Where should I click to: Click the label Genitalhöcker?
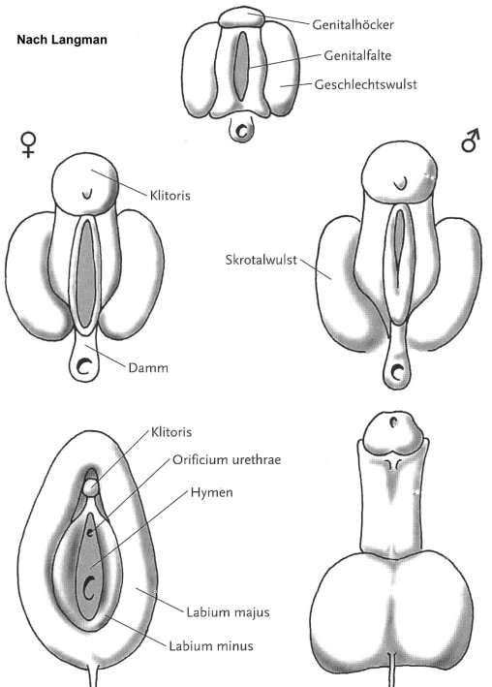[x=353, y=24]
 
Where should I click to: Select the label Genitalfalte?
[x=357, y=55]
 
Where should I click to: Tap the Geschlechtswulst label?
[x=365, y=84]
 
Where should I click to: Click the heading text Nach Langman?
[x=62, y=40]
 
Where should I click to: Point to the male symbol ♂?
[x=471, y=141]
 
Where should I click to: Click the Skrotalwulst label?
[x=261, y=260]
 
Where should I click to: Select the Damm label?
[x=148, y=367]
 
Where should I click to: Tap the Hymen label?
[x=211, y=492]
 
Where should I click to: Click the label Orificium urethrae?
[x=227, y=459]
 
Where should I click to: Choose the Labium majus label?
[x=228, y=612]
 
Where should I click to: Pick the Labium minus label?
[x=211, y=645]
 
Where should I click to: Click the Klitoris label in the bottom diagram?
[x=171, y=432]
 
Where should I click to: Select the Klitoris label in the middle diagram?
[x=170, y=195]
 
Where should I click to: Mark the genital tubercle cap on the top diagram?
[x=241, y=17]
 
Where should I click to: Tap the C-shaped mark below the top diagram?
[x=241, y=130]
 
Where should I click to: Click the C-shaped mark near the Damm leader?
[x=83, y=366]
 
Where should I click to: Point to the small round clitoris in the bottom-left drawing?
[x=91, y=487]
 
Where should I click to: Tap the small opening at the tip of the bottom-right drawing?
[x=394, y=422]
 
